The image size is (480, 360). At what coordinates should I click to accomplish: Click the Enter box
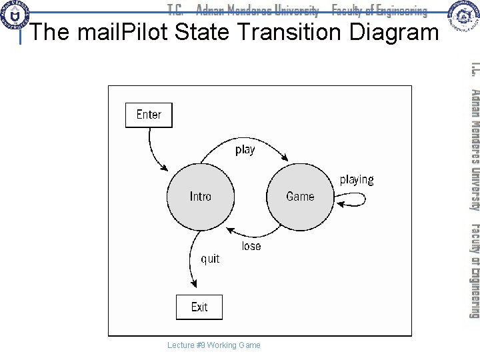click(148, 115)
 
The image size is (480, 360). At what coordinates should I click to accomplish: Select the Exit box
click(199, 307)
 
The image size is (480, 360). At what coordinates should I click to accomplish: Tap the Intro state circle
click(200, 196)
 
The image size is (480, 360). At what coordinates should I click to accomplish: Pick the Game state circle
click(300, 196)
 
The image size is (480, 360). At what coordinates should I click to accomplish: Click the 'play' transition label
click(245, 149)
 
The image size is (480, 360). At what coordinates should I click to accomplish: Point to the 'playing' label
click(357, 179)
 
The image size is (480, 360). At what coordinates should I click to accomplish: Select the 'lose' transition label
click(251, 228)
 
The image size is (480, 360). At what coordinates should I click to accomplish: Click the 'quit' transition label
click(210, 259)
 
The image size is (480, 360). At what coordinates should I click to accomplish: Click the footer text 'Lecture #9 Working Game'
click(215, 345)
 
